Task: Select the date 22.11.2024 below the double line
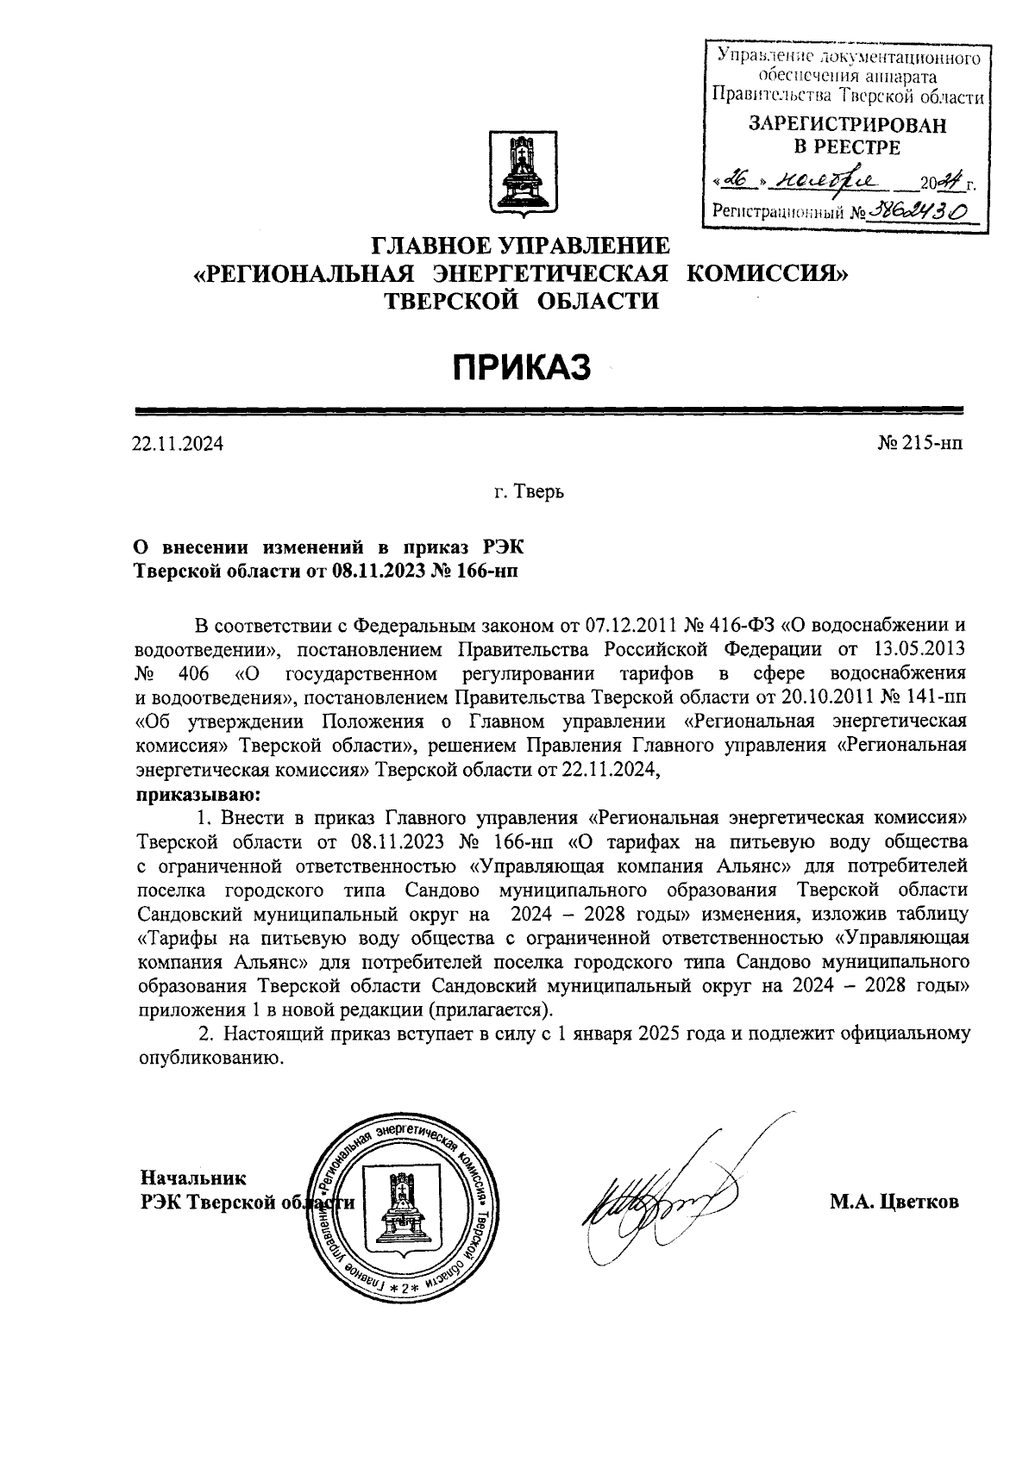point(177,445)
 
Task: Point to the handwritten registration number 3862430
point(917,210)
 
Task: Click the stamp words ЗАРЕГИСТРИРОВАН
point(846,126)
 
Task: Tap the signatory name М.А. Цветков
point(894,1202)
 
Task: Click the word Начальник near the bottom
point(193,1178)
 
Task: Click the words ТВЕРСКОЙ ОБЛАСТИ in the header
point(521,302)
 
